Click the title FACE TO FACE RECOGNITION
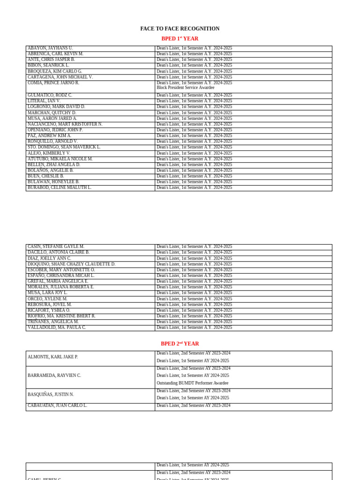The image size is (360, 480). click(180, 29)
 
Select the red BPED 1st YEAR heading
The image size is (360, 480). click(180, 38)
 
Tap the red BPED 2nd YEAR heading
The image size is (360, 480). click(180, 344)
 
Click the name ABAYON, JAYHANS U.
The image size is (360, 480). click(50, 48)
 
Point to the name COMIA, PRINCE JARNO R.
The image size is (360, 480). click(53, 83)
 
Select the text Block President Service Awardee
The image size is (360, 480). click(185, 88)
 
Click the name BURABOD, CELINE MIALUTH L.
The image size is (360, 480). click(60, 187)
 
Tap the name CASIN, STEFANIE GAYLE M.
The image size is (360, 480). click(56, 247)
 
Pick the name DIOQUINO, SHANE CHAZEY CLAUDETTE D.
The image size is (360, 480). click(71, 264)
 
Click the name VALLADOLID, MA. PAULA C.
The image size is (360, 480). click(57, 328)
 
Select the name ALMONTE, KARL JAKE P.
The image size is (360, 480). click(52, 357)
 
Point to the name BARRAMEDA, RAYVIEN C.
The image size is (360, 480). click(54, 375)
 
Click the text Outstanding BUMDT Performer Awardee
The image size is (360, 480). click(192, 383)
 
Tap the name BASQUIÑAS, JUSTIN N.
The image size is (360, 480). click(51, 395)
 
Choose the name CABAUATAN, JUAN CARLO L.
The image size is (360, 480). click(57, 405)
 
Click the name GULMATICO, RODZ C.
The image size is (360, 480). click(50, 95)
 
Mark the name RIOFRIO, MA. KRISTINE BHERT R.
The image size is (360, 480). click(61, 316)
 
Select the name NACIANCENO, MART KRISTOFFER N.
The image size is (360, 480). click(65, 124)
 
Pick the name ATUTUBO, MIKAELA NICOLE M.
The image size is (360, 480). click(60, 159)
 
